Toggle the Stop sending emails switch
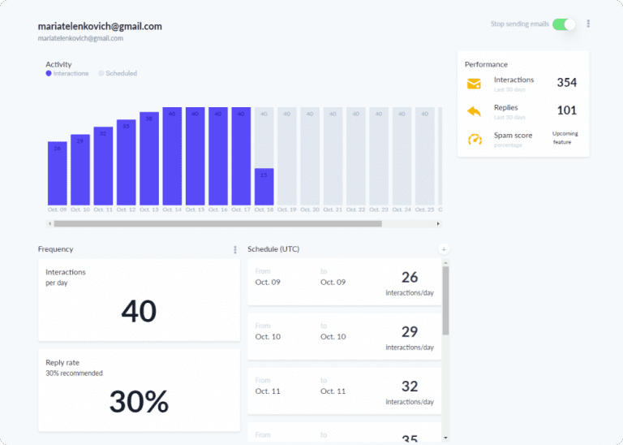coord(564,24)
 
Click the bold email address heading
coord(100,26)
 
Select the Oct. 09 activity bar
coord(57,172)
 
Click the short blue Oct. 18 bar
coord(264,186)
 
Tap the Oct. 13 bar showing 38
coord(148,158)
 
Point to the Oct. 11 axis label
coord(103,210)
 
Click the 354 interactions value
coord(566,82)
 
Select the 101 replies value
coord(566,110)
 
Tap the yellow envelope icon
coord(475,83)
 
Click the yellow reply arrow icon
coord(475,111)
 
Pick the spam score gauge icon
coord(475,140)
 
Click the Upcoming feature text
coord(565,137)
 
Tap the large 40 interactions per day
coord(139,310)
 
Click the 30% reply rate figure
coord(139,401)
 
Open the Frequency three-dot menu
coord(235,249)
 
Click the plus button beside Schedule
coord(443,249)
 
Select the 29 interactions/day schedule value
coord(410,332)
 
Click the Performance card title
coord(486,64)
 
